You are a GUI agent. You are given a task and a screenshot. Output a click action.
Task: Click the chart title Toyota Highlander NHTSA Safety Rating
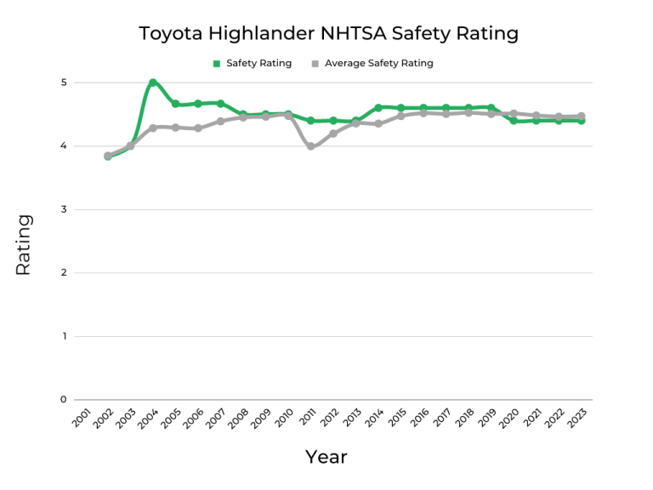pos(328,34)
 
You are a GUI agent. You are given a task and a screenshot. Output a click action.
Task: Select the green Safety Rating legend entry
pos(252,63)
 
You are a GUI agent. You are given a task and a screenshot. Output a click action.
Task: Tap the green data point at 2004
pos(153,83)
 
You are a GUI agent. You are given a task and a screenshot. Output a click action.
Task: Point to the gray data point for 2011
pos(310,146)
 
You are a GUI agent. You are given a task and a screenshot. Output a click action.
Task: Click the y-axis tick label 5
pos(64,83)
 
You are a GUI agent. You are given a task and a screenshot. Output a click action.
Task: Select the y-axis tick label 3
pos(64,209)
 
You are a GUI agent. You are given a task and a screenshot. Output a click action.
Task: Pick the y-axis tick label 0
pos(64,400)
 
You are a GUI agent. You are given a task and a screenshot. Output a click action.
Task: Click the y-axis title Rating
pos(23,244)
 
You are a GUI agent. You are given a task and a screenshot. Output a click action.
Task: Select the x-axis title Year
pos(326,457)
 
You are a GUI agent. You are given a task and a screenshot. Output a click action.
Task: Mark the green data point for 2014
pos(378,107)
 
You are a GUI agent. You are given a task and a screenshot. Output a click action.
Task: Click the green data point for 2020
pos(514,121)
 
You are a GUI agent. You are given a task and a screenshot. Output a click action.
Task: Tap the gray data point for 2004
pos(153,128)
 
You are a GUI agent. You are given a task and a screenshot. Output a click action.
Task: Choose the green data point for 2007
pos(220,104)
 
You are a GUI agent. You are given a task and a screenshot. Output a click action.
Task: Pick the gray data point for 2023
pos(581,117)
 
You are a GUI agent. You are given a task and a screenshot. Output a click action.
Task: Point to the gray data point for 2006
pos(198,128)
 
